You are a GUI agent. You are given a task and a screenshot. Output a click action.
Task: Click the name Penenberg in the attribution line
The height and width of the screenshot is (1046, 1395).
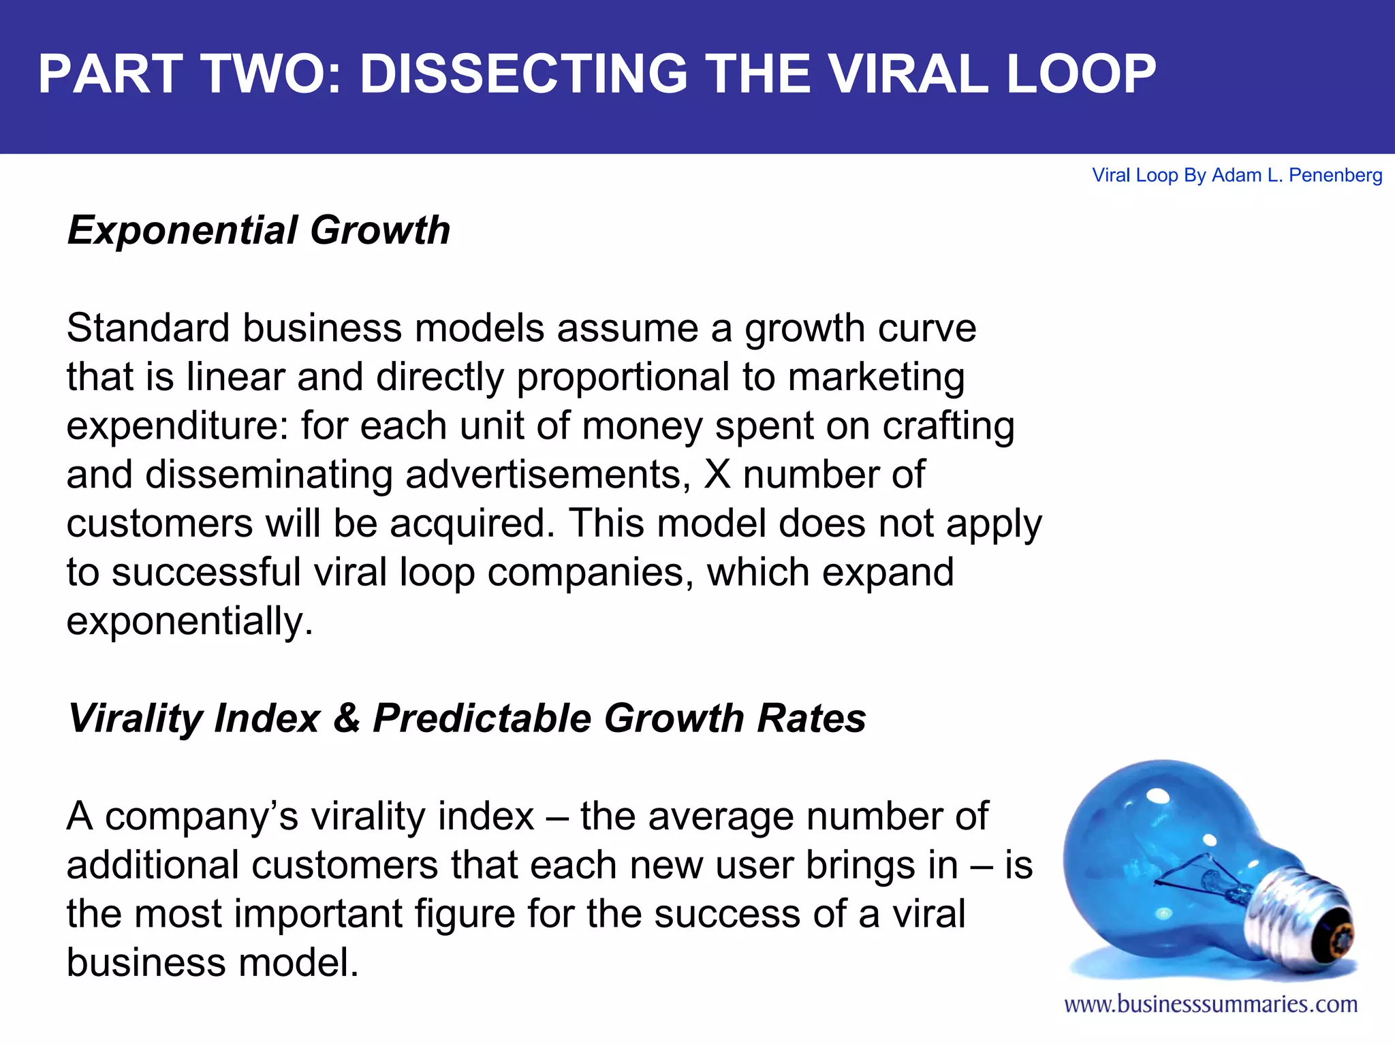click(1335, 176)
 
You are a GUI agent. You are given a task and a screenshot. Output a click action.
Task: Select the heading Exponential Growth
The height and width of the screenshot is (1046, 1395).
click(259, 230)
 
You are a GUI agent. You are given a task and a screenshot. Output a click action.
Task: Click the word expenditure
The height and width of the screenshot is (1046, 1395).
click(177, 427)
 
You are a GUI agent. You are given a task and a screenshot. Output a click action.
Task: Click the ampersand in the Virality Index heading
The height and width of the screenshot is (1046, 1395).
click(347, 718)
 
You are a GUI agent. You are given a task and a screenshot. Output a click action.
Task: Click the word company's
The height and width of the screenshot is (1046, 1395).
click(202, 817)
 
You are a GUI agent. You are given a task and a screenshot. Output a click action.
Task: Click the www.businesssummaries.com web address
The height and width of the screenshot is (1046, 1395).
click(1210, 1004)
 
